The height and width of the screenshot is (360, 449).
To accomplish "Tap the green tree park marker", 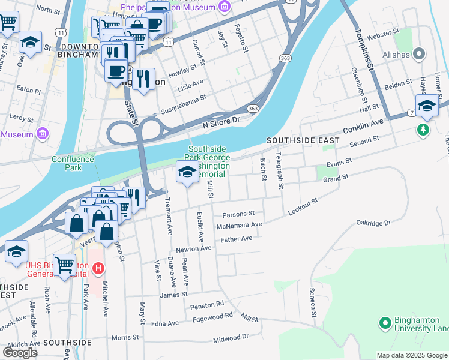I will (423, 130).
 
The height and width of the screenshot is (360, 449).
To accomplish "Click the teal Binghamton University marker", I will (385, 323).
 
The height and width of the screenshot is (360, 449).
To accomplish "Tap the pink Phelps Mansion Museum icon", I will (224, 7).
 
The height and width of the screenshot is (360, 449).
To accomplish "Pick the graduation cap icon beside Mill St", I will (187, 173).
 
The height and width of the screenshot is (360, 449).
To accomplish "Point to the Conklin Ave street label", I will (363, 127).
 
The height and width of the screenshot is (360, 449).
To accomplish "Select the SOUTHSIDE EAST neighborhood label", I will (303, 140).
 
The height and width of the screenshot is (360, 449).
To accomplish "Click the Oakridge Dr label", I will (373, 223).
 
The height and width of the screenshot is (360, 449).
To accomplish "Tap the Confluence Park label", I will (73, 163).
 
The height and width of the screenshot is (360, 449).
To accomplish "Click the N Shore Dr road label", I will (221, 120).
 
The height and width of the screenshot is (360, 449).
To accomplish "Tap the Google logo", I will (20, 352).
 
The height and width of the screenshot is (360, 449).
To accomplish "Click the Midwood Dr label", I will (222, 338).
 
